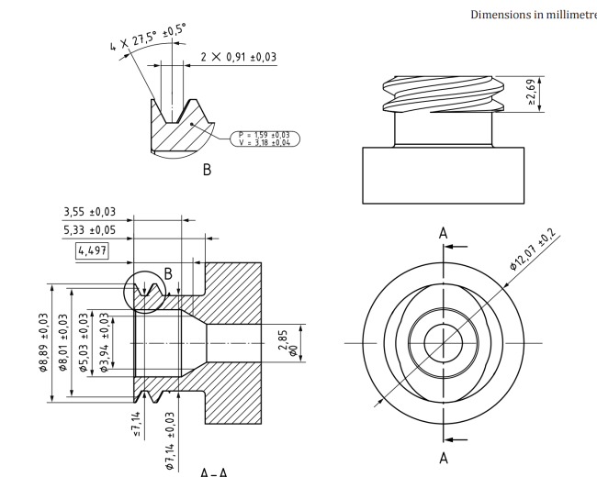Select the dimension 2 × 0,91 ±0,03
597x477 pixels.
pyautogui.click(x=238, y=57)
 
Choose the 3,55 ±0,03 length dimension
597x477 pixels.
pyautogui.click(x=96, y=212)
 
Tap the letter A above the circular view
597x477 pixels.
pyautogui.click(x=444, y=234)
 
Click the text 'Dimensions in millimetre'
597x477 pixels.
pyautogui.click(x=532, y=13)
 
